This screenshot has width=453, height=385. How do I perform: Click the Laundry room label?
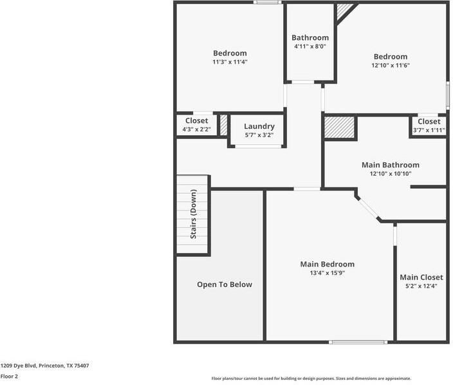click(259, 126)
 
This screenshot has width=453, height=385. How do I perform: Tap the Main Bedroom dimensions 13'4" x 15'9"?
click(327, 273)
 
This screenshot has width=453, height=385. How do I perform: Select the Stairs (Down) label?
click(193, 215)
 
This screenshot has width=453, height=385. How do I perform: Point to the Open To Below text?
click(225, 285)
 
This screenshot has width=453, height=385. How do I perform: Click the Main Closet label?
click(421, 277)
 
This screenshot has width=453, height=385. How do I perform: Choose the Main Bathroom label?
click(390, 165)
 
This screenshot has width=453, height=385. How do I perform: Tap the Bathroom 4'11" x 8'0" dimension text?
click(310, 46)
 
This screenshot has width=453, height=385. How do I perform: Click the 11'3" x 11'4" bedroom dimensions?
click(230, 62)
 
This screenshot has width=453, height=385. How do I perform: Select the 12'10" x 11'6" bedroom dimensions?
click(390, 65)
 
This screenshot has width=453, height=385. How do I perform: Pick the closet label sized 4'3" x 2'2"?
click(196, 121)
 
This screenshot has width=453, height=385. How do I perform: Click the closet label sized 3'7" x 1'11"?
click(429, 121)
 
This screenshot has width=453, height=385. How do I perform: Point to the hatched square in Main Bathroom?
click(339, 127)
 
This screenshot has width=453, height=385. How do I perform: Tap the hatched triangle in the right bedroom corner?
click(344, 10)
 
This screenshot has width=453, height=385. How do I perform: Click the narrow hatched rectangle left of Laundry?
click(223, 125)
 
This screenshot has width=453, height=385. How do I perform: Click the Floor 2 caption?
click(9, 376)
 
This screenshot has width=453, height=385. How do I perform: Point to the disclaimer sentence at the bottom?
click(311, 379)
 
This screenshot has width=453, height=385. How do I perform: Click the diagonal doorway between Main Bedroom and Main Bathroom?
click(368, 209)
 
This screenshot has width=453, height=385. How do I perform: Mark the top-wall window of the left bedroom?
click(266, 3)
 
